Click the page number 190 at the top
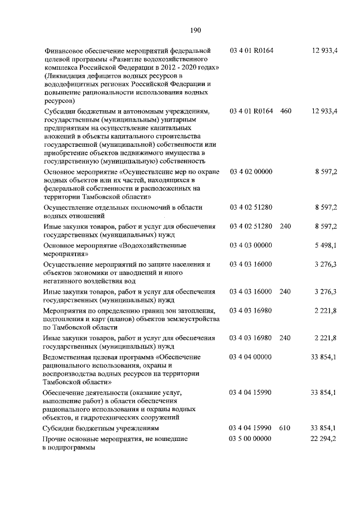(196, 30)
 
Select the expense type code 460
(285, 111)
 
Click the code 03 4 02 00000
(251, 171)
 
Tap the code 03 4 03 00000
(251, 245)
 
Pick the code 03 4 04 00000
(251, 357)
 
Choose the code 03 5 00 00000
(251, 439)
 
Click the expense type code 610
(285, 429)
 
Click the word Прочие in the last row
(56, 439)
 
